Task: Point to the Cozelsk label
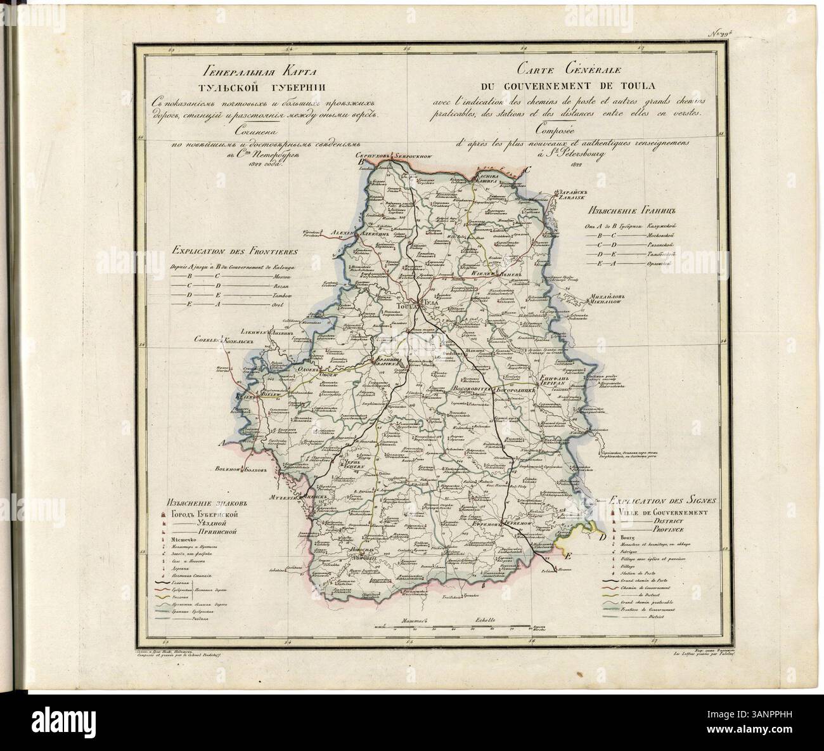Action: (207, 341)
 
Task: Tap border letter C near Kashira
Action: (527, 169)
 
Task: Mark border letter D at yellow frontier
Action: (602, 537)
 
